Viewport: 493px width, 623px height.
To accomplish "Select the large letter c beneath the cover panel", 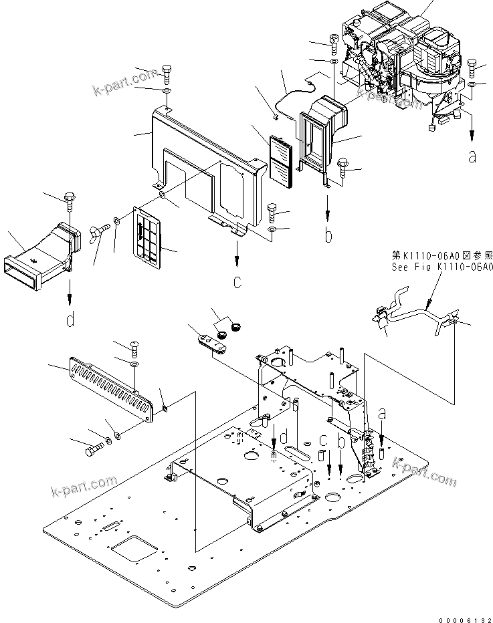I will coord(237,282).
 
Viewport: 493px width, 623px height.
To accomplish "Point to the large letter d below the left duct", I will coord(70,320).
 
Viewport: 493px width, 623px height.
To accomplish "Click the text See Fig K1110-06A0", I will coord(441,266).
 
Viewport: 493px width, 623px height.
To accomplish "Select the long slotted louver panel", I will coord(111,388).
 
